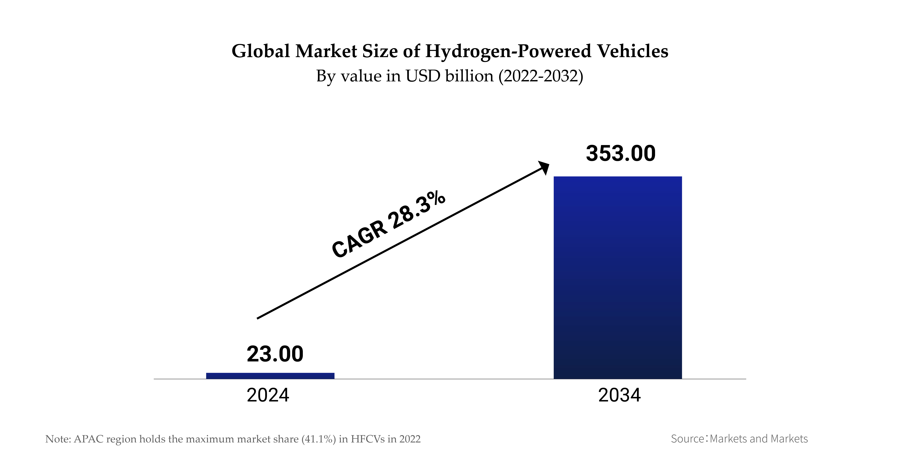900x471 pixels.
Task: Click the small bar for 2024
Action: coord(270,376)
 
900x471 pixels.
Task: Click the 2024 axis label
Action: coord(268,395)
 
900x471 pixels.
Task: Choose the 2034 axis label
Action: coord(619,395)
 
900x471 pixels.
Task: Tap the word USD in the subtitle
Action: coord(423,76)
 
